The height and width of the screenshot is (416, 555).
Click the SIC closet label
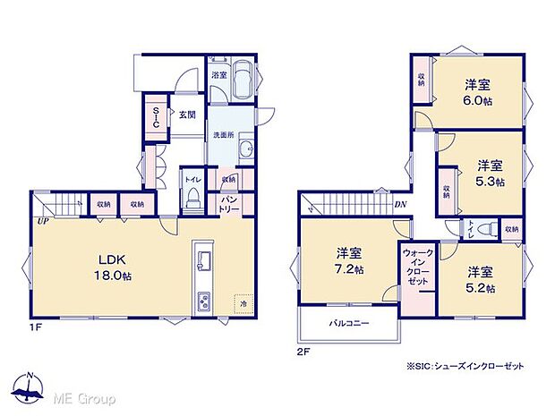pyautogui.click(x=155, y=118)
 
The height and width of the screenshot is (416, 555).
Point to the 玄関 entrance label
pyautogui.click(x=186, y=115)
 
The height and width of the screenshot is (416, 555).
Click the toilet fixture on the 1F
pyautogui.click(x=192, y=200)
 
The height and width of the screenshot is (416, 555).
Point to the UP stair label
pyautogui.click(x=42, y=219)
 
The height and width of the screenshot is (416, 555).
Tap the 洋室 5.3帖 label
pyautogui.click(x=489, y=173)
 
